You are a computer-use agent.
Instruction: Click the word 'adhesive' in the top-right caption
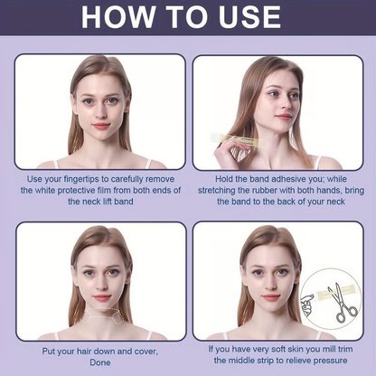pyautogui.click(x=270, y=178)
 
